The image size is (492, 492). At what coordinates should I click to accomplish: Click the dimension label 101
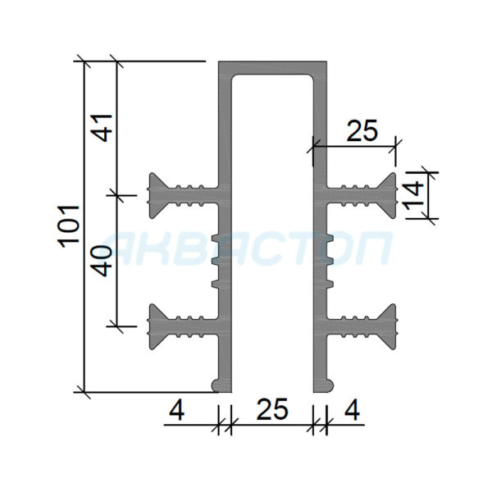point(70,226)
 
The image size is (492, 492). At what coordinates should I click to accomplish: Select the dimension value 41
point(103,128)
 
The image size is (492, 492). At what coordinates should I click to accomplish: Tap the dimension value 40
point(103,261)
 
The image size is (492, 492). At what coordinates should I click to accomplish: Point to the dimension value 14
point(412,194)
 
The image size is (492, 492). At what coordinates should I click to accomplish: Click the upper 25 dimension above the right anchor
point(362,130)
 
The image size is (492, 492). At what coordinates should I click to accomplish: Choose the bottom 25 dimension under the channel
point(272,409)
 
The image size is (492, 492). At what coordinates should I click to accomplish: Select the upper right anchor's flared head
point(389,195)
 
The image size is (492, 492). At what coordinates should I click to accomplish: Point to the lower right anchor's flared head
point(389,326)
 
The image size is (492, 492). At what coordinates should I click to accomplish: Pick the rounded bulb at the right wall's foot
point(329,385)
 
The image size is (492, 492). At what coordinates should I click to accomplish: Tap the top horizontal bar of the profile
point(273,67)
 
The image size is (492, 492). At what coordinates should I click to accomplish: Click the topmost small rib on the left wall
point(215,238)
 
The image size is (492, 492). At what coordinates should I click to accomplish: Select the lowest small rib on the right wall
point(330,284)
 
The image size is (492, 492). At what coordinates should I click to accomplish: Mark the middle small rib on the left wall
point(215,261)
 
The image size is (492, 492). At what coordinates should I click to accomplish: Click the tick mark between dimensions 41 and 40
point(116,195)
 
